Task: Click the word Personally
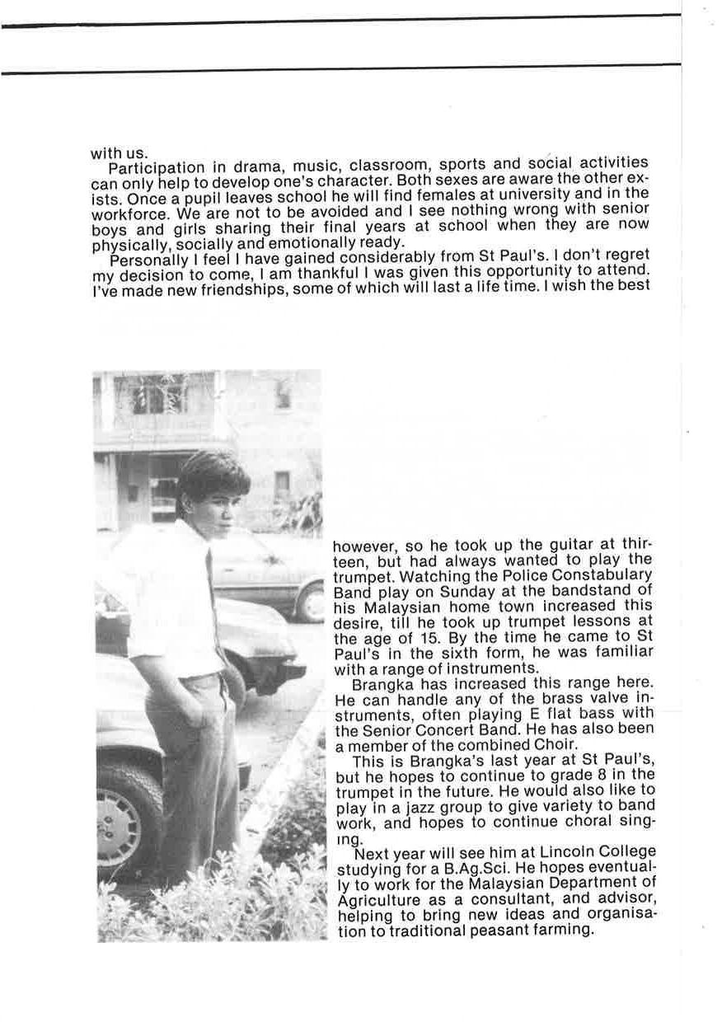[145, 262]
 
